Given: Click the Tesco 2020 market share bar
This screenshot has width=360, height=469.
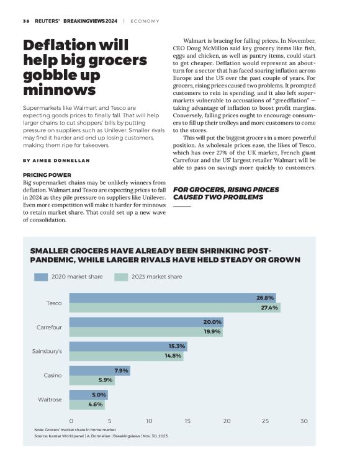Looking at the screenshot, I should [x=172, y=298].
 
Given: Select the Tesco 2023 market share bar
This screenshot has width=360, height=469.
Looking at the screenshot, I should [x=174, y=308].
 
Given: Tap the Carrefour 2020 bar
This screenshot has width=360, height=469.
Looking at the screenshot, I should [x=146, y=322].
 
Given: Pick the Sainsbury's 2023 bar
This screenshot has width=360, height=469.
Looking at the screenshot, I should [x=126, y=356].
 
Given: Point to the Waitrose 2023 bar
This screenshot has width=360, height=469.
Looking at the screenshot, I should [x=87, y=404].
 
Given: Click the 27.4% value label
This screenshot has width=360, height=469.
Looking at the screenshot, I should [x=269, y=308].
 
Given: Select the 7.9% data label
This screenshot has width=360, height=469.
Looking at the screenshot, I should [x=121, y=370].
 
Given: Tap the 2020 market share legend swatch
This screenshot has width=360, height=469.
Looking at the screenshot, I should [x=42, y=277].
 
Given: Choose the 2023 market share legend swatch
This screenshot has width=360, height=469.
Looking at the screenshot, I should [x=120, y=277].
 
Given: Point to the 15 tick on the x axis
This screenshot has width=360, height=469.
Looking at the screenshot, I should [x=187, y=421].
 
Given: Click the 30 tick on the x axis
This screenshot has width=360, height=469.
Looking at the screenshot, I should [x=304, y=421].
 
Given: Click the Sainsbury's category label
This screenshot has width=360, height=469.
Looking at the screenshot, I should [x=47, y=351].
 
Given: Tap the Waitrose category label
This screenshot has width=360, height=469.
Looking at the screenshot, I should [x=50, y=400].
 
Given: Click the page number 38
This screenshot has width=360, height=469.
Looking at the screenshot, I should [x=26, y=20].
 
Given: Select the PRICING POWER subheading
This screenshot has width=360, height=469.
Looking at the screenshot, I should [x=47, y=175].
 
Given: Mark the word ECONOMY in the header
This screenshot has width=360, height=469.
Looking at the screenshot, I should [x=148, y=20].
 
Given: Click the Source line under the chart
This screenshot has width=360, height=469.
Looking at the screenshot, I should [x=101, y=437].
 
